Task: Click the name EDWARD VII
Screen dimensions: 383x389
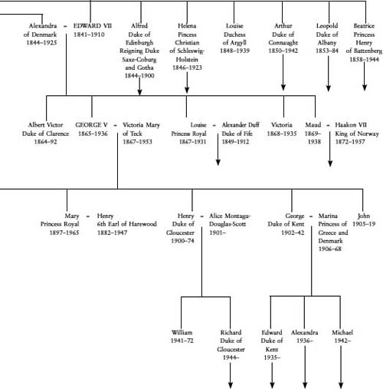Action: (93, 26)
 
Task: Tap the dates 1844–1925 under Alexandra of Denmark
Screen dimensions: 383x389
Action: (41, 42)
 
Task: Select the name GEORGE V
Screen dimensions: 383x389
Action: (91, 125)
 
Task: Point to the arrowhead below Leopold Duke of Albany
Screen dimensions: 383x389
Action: (329, 88)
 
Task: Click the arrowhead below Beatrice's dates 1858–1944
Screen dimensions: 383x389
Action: (365, 87)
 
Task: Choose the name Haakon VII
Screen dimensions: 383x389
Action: (351, 125)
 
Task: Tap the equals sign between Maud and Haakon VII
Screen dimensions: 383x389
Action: (328, 126)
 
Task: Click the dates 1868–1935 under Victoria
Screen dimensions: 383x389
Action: (282, 134)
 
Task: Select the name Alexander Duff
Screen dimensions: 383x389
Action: (241, 125)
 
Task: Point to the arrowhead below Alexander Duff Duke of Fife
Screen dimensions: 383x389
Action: (218, 162)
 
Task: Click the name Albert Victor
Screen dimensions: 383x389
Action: (45, 125)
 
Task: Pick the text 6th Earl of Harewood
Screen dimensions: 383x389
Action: (126, 224)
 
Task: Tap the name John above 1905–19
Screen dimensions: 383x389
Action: (364, 216)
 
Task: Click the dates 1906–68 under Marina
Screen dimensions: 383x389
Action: (329, 249)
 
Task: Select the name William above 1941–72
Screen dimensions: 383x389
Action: (182, 332)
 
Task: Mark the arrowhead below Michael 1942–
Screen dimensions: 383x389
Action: (341, 385)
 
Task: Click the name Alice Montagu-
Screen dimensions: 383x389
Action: (230, 216)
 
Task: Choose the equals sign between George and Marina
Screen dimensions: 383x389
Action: (311, 216)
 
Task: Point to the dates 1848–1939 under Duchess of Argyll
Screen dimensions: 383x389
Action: (235, 51)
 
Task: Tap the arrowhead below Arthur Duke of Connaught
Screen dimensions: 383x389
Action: (283, 87)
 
